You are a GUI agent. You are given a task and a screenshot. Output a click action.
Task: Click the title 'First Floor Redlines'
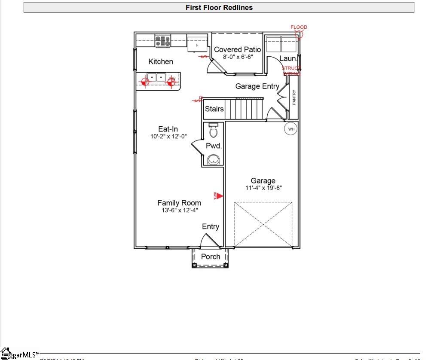[219, 7]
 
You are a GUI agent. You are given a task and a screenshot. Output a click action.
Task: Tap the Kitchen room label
[161, 61]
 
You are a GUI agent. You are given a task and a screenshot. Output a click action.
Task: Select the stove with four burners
[163, 41]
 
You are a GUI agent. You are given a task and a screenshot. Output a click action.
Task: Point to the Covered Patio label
[237, 49]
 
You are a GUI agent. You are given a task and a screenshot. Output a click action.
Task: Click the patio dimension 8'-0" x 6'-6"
[238, 57]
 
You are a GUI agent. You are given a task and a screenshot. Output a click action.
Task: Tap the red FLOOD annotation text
[299, 27]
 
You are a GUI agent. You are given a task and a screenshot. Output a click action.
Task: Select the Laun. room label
[288, 58]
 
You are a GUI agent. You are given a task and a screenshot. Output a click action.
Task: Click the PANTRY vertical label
[294, 97]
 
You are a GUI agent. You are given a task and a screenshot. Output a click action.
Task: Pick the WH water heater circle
[291, 129]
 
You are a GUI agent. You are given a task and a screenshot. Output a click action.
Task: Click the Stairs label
[214, 109]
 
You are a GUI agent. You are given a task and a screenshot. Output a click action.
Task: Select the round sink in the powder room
[214, 160]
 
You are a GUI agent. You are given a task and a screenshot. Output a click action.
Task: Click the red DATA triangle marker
[219, 196]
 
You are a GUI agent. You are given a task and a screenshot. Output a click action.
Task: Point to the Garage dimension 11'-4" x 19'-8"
[263, 188]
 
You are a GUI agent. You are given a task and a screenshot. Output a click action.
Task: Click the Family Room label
[179, 203]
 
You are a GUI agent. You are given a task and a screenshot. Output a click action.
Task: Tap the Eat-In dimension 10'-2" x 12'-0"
[168, 136]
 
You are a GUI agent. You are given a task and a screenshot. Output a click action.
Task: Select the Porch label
[211, 256]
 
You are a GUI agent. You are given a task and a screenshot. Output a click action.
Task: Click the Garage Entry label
[257, 86]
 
